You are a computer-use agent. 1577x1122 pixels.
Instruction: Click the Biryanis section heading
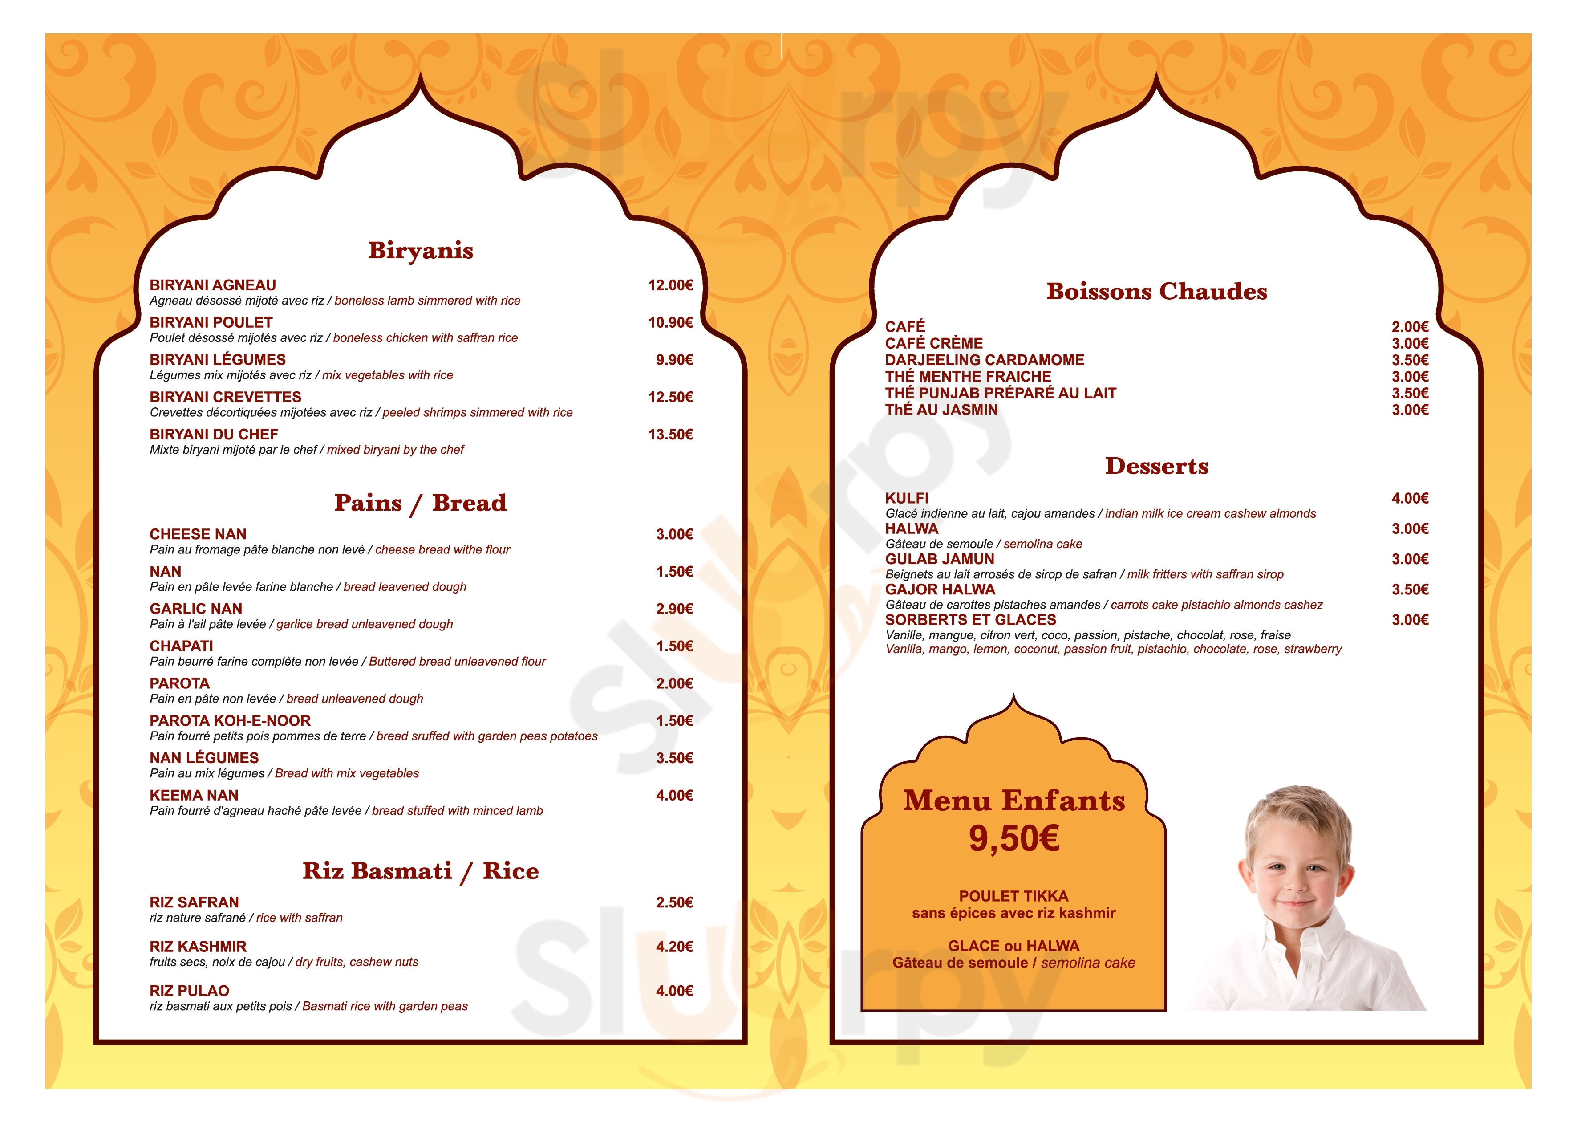[420, 250]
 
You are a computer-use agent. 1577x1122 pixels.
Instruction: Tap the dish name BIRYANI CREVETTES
[225, 397]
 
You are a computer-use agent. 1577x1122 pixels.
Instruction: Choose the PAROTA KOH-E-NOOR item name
[230, 720]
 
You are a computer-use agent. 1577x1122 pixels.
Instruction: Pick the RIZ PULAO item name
[189, 991]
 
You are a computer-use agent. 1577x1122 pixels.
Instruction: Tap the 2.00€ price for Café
[1409, 327]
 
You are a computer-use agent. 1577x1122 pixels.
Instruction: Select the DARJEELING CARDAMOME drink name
[984, 360]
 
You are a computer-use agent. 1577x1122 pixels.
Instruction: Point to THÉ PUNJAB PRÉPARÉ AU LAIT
[1000, 393]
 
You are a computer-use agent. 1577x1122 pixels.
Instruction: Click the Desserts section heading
[1156, 466]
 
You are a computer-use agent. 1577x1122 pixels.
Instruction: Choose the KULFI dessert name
[907, 498]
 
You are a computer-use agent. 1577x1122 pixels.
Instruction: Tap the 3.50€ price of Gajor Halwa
[1409, 589]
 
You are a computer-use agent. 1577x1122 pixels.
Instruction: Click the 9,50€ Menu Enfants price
[1013, 839]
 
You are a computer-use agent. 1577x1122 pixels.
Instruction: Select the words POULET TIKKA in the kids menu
[1013, 896]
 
